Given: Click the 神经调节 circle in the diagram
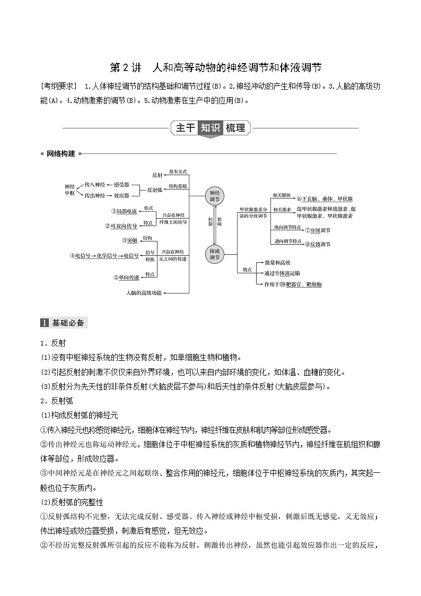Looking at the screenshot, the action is pos(215,196).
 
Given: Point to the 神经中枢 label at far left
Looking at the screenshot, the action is pos(69,190).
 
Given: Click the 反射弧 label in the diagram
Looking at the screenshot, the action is pos(154,189).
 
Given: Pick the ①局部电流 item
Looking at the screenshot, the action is pos(124,211).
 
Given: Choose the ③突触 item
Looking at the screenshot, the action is pos(129,240).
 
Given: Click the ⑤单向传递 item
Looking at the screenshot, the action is pos(126,277).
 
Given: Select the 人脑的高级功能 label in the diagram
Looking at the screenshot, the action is pos(144,292).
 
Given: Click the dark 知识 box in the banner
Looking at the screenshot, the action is pos(210,128).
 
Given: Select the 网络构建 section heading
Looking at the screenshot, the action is pos(60,154).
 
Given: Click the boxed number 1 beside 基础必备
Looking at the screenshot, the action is pos(45,323).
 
